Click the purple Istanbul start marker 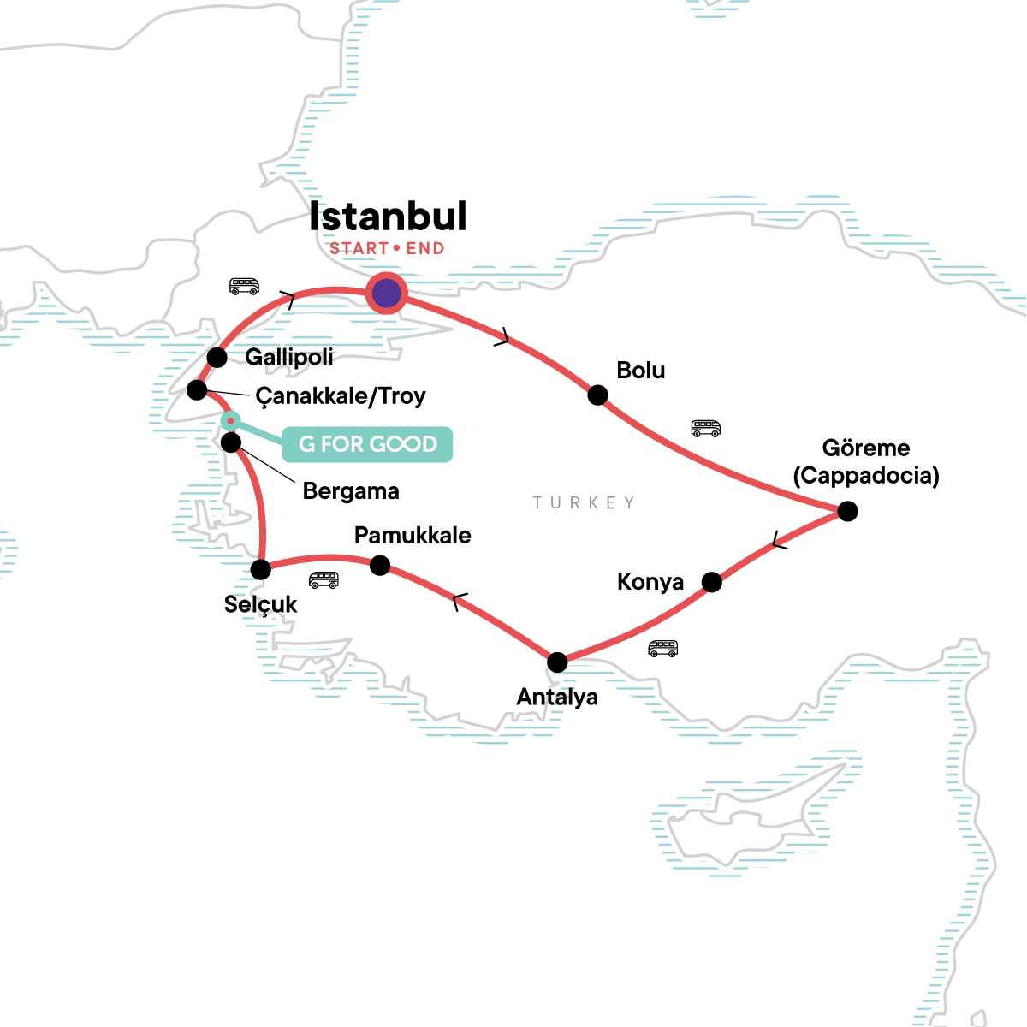(x=386, y=294)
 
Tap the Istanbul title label (x=388, y=217)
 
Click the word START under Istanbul (x=359, y=249)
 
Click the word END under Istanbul (x=425, y=249)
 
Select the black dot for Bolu (x=597, y=395)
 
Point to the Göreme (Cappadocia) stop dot (x=847, y=511)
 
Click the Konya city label (x=650, y=582)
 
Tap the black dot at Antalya (x=557, y=662)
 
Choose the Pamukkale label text (x=413, y=536)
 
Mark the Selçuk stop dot (x=261, y=569)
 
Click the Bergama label (x=351, y=491)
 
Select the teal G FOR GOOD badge (x=367, y=444)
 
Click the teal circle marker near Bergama (x=230, y=420)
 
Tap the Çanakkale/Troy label (x=341, y=396)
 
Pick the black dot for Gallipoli (x=217, y=357)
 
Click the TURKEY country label (x=584, y=502)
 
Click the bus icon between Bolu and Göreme (x=706, y=428)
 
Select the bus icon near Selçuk (x=324, y=580)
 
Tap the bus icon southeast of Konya (x=662, y=648)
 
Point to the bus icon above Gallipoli (x=244, y=286)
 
